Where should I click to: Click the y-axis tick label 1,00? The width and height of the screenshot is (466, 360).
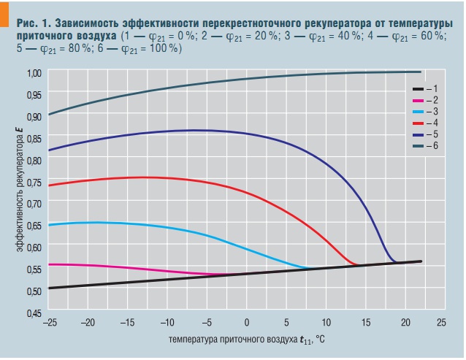click(x=34, y=73)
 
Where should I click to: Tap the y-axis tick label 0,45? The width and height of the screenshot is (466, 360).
click(x=34, y=313)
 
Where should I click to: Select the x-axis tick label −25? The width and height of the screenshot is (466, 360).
click(x=49, y=322)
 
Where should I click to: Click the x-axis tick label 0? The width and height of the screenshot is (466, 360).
click(x=246, y=322)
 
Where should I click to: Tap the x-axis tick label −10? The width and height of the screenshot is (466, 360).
click(x=167, y=322)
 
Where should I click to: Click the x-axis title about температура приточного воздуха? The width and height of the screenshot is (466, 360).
click(x=245, y=340)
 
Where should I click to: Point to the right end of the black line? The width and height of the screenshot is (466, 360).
click(x=421, y=261)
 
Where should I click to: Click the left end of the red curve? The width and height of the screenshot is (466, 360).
click(x=48, y=185)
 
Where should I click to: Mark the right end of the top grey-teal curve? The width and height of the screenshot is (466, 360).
click(x=421, y=72)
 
